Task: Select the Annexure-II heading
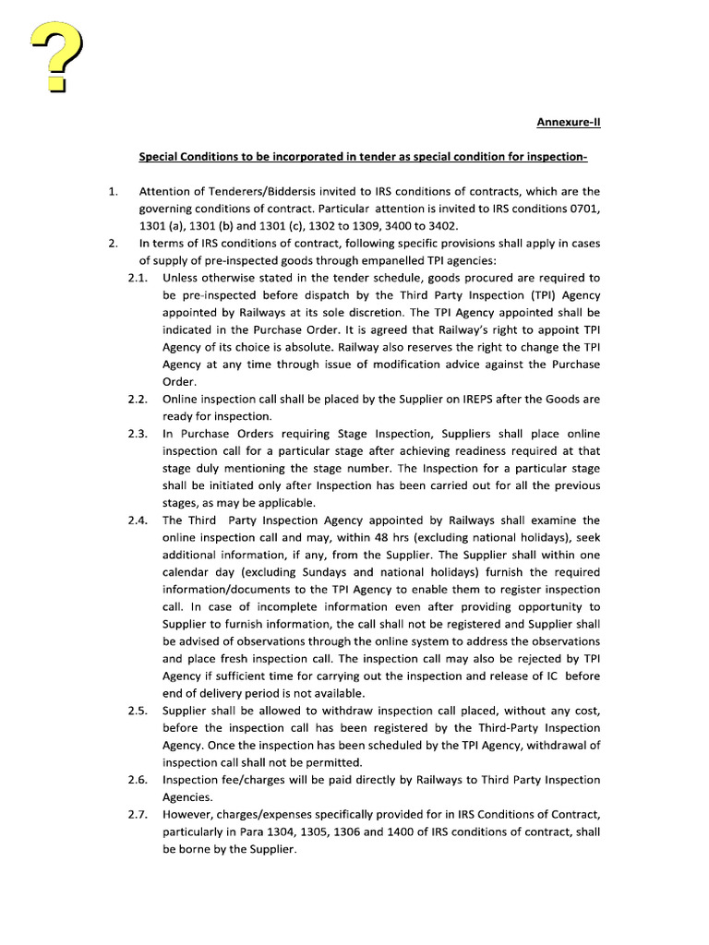(x=570, y=122)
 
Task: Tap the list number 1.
(x=112, y=192)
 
